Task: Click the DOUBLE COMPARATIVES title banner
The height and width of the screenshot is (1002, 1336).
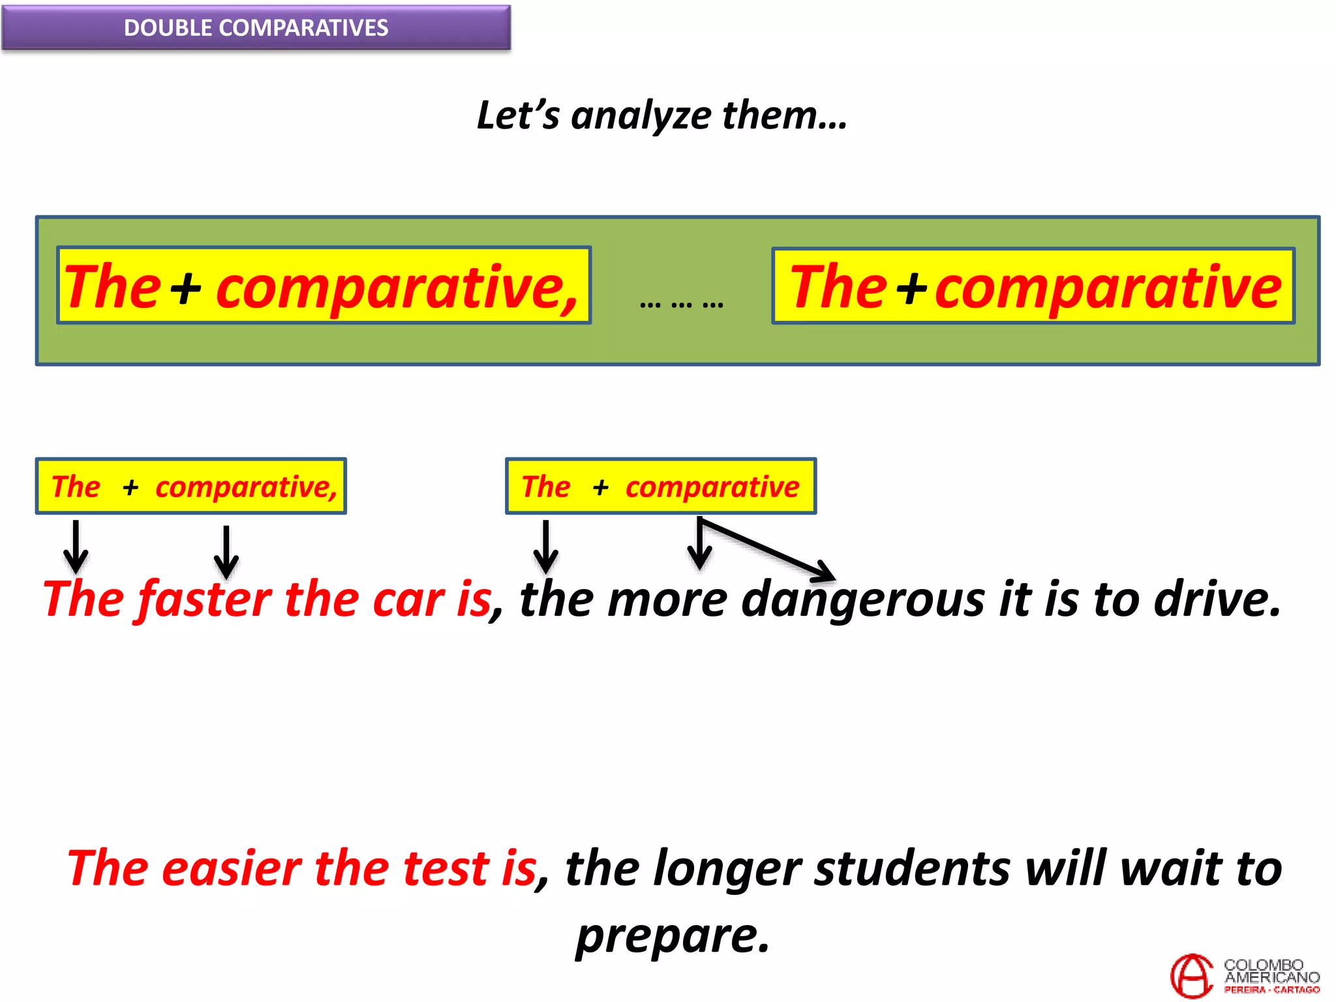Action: point(256,27)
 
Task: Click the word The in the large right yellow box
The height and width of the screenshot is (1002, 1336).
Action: point(838,287)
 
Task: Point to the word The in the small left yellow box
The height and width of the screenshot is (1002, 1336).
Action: point(76,487)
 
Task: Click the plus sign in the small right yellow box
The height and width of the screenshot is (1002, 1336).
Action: point(600,487)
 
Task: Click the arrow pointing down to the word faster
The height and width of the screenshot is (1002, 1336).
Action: point(226,552)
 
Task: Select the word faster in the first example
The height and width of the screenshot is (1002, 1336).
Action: point(205,599)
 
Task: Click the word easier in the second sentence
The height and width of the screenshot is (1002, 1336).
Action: point(231,869)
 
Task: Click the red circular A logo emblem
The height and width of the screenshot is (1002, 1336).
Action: point(1191,976)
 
